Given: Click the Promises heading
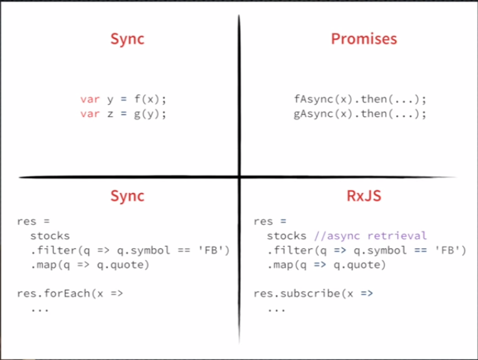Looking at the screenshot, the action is (364, 39).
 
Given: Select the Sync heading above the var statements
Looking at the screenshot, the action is (127, 39).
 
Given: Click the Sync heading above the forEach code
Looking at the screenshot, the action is (127, 196).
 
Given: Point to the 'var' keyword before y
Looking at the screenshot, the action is (90, 99).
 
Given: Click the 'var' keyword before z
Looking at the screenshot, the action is (90, 113).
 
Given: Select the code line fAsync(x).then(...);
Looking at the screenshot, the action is (360, 99).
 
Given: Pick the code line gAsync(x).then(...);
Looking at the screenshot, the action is (360, 113).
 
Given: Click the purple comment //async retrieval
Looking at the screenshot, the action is (370, 235).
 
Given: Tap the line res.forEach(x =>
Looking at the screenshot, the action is (70, 293).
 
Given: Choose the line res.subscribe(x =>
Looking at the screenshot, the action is (313, 293).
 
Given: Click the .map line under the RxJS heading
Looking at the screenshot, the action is (326, 265).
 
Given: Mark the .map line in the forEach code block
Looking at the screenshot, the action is (90, 265).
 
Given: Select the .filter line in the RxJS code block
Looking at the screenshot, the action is (366, 250).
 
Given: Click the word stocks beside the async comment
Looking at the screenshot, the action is (286, 235).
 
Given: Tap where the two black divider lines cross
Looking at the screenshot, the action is (239, 176).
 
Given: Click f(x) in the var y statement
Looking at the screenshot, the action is (146, 99).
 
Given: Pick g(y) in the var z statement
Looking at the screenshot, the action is (146, 113).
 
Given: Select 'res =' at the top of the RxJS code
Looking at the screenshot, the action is (268, 222).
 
